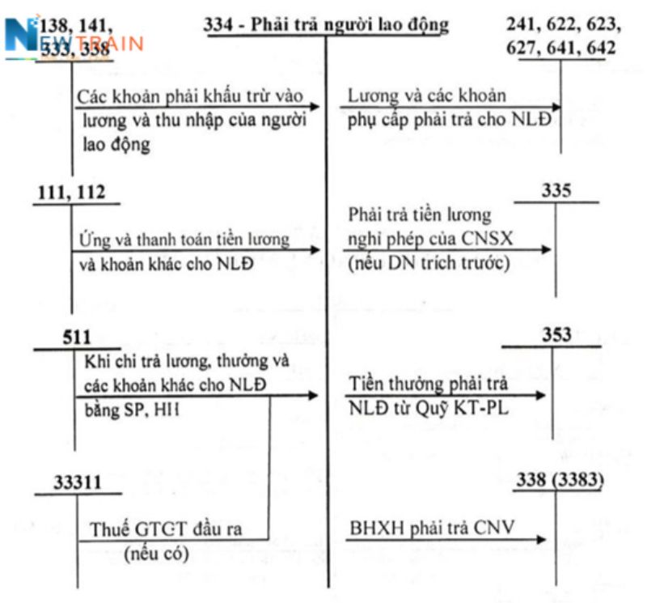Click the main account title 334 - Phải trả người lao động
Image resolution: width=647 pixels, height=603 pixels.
pos(326,24)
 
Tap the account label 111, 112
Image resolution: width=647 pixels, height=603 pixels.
pos(71,193)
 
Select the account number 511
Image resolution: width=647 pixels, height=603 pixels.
pos(77,337)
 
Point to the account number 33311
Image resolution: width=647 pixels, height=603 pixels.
pos(77,482)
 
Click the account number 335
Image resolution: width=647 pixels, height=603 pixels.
pos(556,190)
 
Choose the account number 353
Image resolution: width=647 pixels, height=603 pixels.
pos(556,334)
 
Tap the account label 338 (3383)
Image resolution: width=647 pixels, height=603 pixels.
pos(560,479)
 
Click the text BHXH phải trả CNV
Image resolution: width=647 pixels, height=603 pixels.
pos(432,528)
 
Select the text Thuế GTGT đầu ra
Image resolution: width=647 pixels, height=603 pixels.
pos(166,529)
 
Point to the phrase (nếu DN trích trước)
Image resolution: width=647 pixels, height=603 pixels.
pos(429,263)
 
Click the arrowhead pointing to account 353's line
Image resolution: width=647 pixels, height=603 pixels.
pos(540,395)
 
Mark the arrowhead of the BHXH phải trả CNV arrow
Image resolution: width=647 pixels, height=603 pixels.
pos(541,539)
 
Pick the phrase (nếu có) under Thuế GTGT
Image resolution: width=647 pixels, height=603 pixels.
pos(156,554)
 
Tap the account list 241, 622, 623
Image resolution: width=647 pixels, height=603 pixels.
pos(564,24)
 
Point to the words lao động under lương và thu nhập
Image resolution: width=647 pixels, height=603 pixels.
pos(116,145)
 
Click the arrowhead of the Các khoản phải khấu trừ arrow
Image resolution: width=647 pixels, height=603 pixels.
pos(315,107)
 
